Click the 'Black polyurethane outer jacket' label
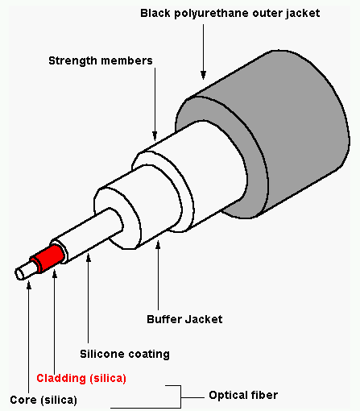coord(230,14)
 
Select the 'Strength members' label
coord(101,61)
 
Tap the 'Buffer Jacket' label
coord(184,319)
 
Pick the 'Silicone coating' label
coord(125,354)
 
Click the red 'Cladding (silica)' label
coord(81,378)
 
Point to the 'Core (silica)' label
coord(43,400)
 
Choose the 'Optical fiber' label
coord(243,395)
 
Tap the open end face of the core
coord(19,274)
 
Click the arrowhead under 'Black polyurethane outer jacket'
coord(203,75)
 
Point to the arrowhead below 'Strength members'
coord(155,135)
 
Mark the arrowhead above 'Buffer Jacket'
coord(158,245)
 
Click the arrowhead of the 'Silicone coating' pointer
coord(89,258)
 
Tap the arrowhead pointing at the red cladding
coord(55,275)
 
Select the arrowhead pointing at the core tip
coord(29,284)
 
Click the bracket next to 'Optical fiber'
coord(180,397)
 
